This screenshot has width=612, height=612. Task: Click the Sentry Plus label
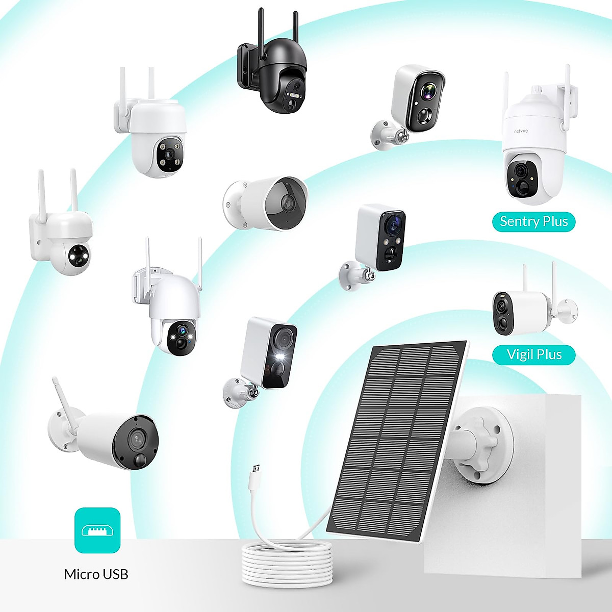coord(533,222)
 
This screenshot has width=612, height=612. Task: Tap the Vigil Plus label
coord(534,354)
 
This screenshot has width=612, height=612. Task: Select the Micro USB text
coord(96,574)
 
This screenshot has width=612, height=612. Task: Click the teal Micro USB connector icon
coord(97,530)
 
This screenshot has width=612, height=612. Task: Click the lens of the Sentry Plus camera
coord(521,171)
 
